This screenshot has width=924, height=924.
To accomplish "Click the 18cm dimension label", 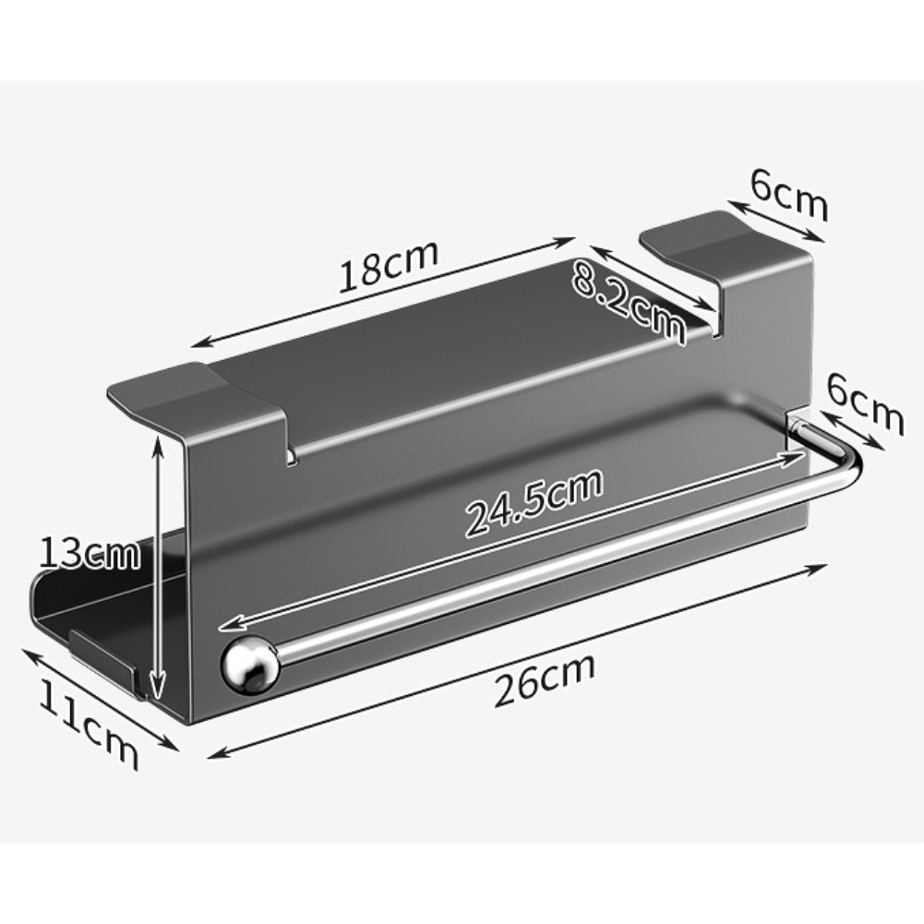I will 387,267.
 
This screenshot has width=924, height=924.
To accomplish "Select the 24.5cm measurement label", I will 534,502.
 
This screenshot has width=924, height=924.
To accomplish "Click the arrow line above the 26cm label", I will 517,661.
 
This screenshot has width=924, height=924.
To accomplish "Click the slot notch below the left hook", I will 293,455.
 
